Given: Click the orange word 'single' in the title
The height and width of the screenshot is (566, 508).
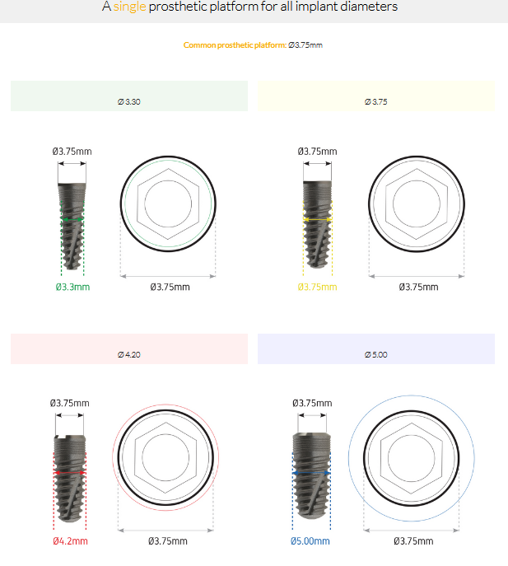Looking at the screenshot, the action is pyautogui.click(x=129, y=7).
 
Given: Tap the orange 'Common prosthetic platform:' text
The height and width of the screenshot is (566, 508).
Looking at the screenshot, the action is pyautogui.click(x=235, y=45).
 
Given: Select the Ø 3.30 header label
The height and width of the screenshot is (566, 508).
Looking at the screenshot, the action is pyautogui.click(x=128, y=102).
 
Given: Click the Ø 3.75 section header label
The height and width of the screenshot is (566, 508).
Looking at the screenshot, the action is pyautogui.click(x=376, y=102).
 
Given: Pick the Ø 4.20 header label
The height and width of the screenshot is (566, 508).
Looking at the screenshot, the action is pyautogui.click(x=128, y=355).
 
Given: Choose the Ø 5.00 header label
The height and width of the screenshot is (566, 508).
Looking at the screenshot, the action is pyautogui.click(x=376, y=355).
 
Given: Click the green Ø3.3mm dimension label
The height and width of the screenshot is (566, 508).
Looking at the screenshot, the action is pyautogui.click(x=73, y=287).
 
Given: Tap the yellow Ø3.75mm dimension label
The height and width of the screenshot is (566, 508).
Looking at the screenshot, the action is pyautogui.click(x=318, y=287).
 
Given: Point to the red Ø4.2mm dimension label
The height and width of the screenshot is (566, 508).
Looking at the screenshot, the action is pyautogui.click(x=70, y=541).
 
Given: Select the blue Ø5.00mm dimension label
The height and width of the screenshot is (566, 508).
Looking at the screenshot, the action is pyautogui.click(x=310, y=541).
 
